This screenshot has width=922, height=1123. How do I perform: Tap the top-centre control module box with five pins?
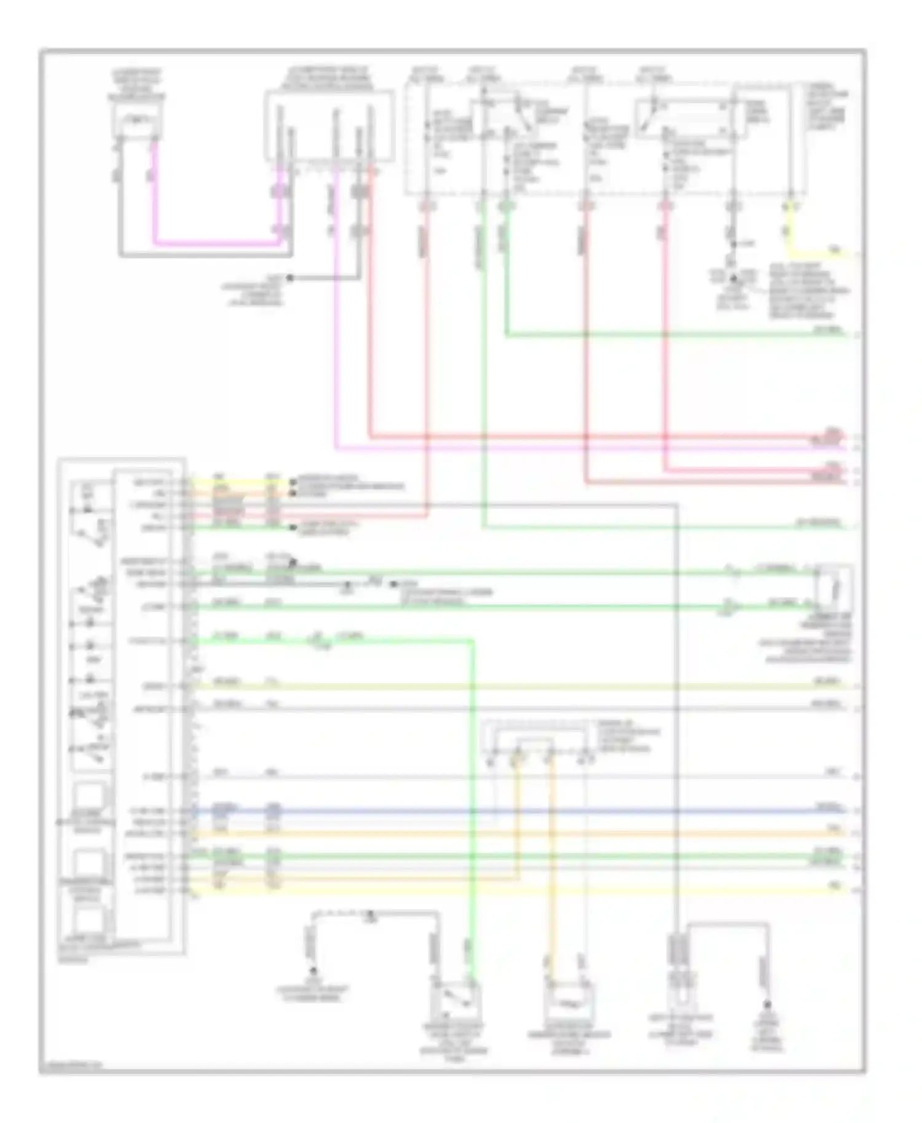click(x=329, y=126)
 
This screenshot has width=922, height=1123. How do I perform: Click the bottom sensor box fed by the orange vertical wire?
click(x=569, y=998)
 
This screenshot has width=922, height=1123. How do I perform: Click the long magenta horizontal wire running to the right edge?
click(x=584, y=448)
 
